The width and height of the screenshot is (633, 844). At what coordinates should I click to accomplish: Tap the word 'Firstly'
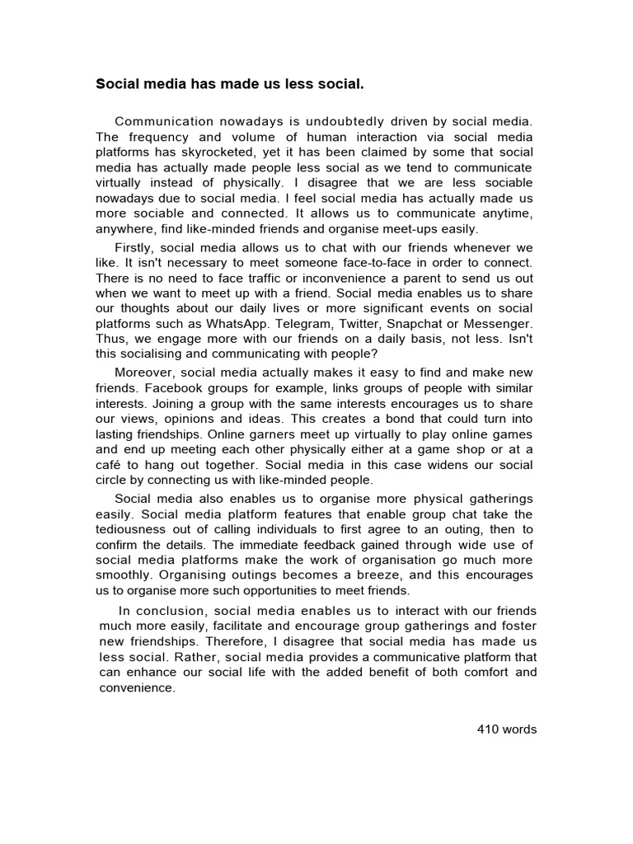click(134, 247)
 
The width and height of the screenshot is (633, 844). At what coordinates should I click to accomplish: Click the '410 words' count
click(507, 729)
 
